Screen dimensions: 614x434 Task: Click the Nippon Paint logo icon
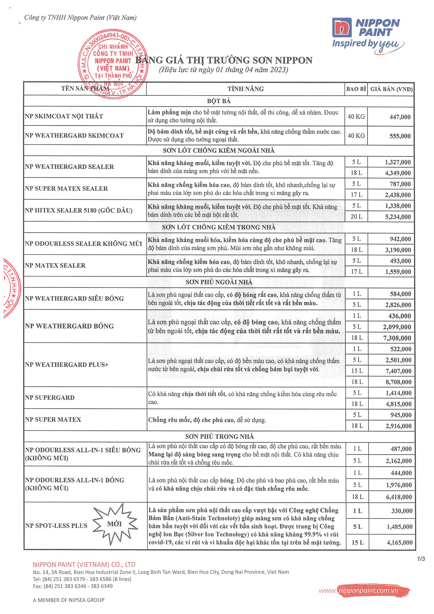coord(341,28)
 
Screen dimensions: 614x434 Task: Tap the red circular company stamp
coord(113,64)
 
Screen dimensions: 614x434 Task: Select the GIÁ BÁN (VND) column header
coord(391,89)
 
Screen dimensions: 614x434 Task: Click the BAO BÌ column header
coord(356,89)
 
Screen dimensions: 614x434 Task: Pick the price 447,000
coord(400,117)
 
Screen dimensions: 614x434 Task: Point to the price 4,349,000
coord(398,173)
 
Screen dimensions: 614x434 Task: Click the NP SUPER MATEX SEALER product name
coord(66,189)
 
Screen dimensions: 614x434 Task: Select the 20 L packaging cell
coord(356,217)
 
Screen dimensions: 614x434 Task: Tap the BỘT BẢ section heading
coord(219,101)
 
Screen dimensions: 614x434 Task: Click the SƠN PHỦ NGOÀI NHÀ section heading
coord(219,282)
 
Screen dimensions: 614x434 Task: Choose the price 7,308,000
coord(397,338)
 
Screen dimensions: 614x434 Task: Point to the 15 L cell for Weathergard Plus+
coord(357,371)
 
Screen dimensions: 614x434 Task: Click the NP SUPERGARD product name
coord(50,398)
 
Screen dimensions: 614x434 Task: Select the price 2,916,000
coord(398,426)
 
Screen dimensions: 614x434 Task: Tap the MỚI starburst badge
coord(115,524)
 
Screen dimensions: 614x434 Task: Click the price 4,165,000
coord(400,543)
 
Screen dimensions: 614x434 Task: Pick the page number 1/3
coord(421,559)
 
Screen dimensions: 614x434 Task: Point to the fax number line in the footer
coord(73,586)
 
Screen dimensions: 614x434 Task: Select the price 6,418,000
coord(399,497)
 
